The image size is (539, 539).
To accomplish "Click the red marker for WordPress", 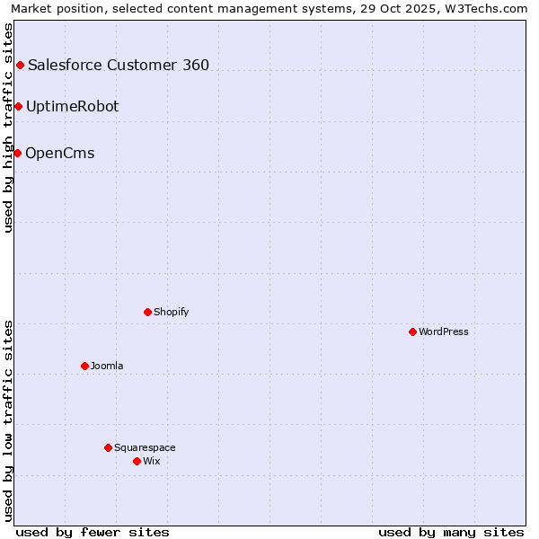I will tap(412, 331).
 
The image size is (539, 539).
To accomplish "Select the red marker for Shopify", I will tap(147, 312).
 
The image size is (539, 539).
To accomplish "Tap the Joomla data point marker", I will tap(84, 366).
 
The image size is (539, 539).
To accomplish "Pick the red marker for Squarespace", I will tap(108, 447).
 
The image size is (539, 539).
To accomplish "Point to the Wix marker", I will tap(137, 461).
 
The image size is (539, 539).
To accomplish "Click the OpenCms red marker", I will tap(17, 153).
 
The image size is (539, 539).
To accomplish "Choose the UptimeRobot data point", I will tap(18, 106).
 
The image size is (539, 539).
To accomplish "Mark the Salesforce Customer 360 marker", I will tap(20, 65).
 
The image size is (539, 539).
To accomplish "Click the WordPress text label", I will tap(444, 331).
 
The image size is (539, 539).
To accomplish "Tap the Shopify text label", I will tap(172, 312).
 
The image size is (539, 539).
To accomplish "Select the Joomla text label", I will tap(107, 366).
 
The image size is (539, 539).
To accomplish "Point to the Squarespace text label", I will tap(145, 447).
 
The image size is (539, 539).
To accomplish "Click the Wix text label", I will tap(152, 461).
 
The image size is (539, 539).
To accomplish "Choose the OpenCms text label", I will tap(59, 153).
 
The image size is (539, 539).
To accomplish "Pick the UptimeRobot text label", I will tap(72, 106).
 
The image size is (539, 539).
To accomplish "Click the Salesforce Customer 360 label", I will tap(119, 65).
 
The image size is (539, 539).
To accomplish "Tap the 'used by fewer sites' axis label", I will tap(93, 532).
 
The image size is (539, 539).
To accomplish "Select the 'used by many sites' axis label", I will tap(451, 532).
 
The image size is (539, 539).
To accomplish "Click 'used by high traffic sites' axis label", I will tap(8, 128).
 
